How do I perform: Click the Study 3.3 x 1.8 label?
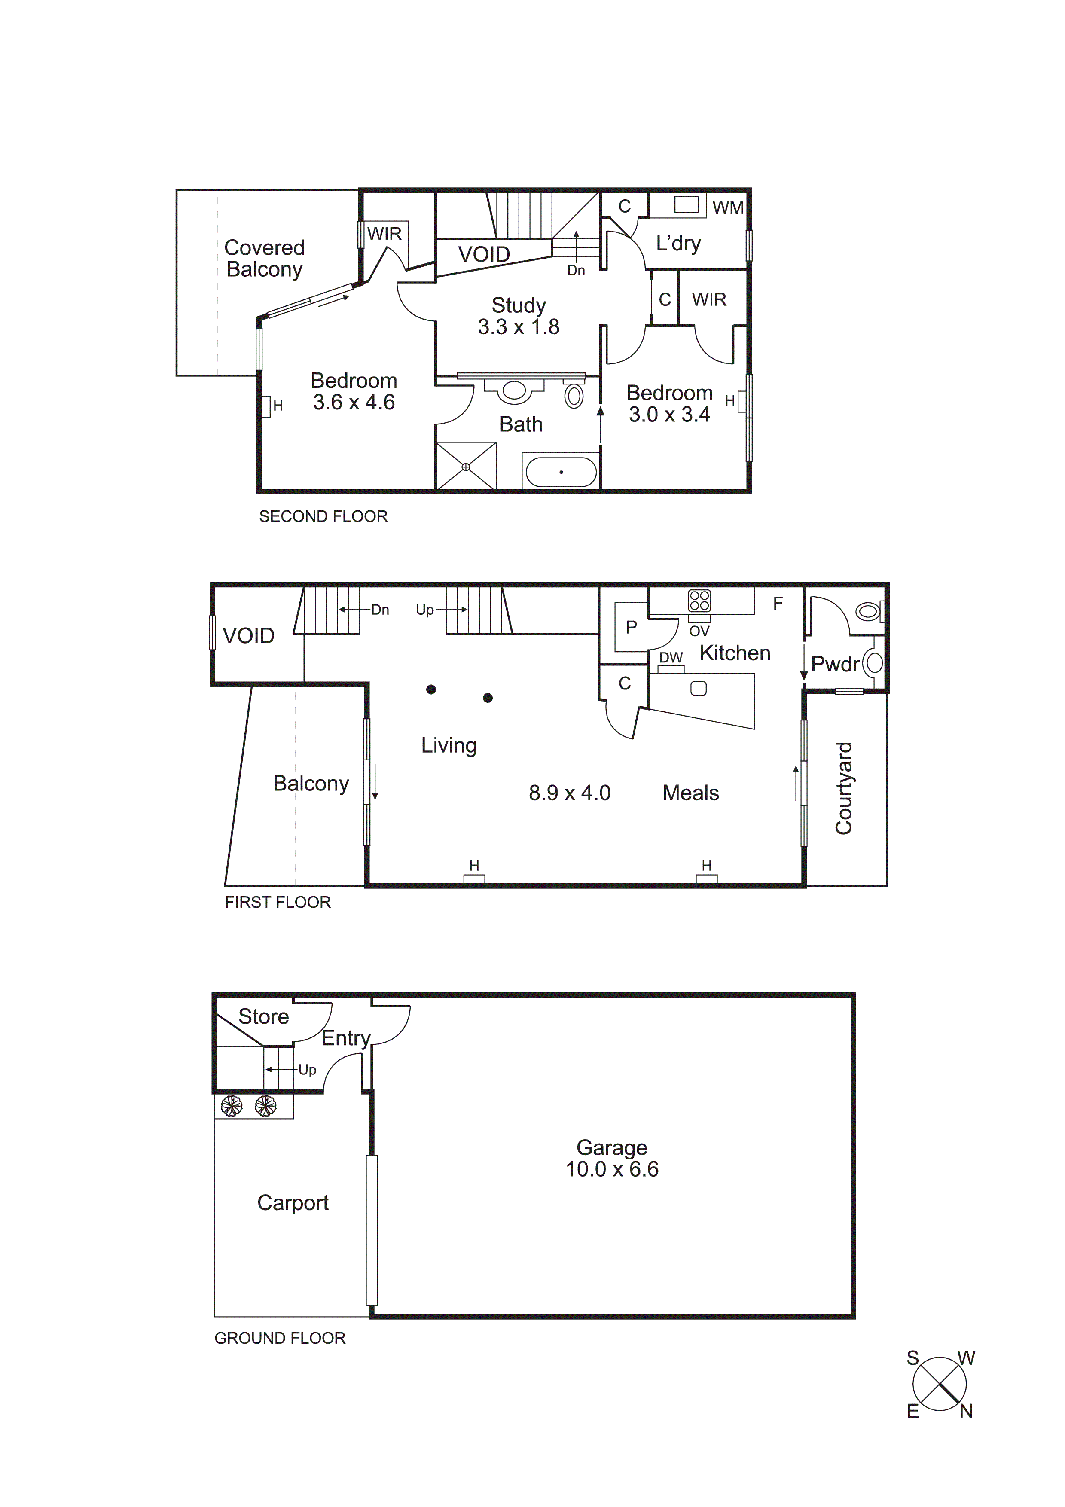click(x=519, y=316)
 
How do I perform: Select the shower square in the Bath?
click(x=466, y=466)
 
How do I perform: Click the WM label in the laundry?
click(x=728, y=207)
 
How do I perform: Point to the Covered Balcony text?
click(x=264, y=259)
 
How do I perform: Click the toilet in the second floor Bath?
click(x=574, y=395)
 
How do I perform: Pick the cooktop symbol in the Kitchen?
click(x=699, y=601)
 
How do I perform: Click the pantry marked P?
click(x=631, y=627)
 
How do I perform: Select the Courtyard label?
click(x=843, y=788)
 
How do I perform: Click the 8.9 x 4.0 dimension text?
click(x=570, y=793)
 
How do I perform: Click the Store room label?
click(x=263, y=1017)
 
